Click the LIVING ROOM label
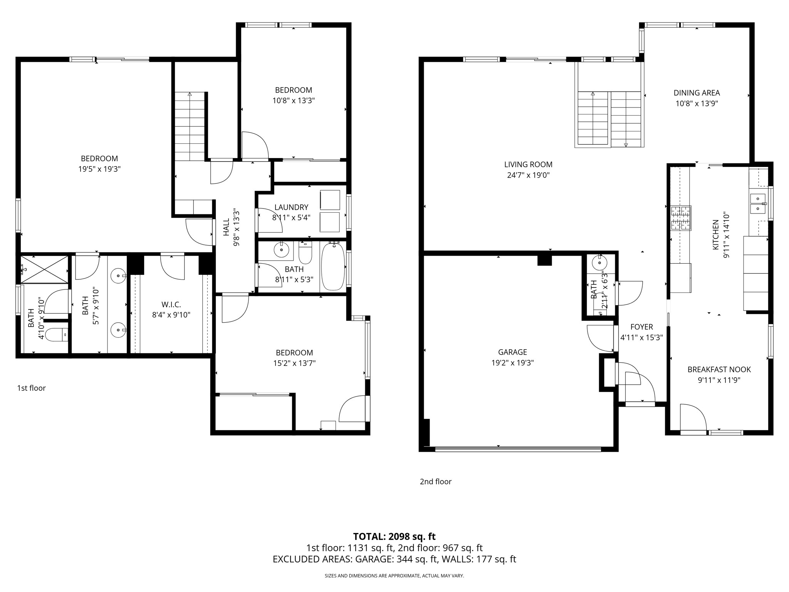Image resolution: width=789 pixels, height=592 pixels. (528, 165)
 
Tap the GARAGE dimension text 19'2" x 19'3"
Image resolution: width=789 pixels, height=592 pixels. (512, 363)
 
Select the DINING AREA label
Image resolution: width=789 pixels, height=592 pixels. (697, 93)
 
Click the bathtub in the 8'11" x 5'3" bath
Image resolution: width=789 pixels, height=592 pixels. (333, 266)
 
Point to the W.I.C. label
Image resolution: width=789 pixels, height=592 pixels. (171, 304)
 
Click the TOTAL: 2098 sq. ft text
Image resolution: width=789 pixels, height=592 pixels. (394, 536)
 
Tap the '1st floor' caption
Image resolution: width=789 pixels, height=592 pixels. (31, 388)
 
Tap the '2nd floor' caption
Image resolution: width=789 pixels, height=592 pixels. (435, 481)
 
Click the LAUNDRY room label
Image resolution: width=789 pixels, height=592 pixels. (291, 207)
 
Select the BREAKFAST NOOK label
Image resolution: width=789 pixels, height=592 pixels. (719, 370)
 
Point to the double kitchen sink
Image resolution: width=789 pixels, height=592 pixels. (758, 203)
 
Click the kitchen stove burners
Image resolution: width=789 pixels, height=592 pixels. (681, 218)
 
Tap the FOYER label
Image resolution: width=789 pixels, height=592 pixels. (641, 327)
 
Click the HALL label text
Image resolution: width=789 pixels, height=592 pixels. (226, 227)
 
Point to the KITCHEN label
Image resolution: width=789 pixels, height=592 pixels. (715, 235)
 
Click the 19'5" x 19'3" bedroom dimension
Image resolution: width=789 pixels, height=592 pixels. (99, 169)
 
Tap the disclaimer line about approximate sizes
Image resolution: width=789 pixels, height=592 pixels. (394, 576)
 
